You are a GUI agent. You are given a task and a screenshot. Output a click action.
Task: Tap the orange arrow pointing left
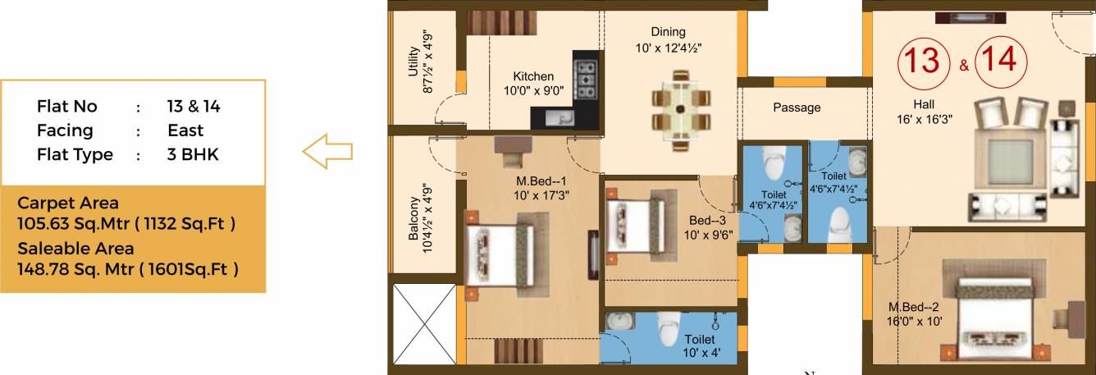tap(327, 151)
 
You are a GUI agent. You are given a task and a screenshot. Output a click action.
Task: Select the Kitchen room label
tap(533, 76)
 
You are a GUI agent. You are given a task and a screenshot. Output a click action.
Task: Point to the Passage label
tap(796, 107)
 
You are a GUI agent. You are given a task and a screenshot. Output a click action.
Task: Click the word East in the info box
tap(185, 130)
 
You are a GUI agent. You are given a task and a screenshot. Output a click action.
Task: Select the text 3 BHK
tap(193, 155)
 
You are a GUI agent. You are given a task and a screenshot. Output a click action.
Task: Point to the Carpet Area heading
tap(68, 203)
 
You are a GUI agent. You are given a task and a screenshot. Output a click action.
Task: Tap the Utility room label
tap(413, 63)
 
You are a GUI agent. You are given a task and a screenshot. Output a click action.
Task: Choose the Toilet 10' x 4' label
tap(699, 345)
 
